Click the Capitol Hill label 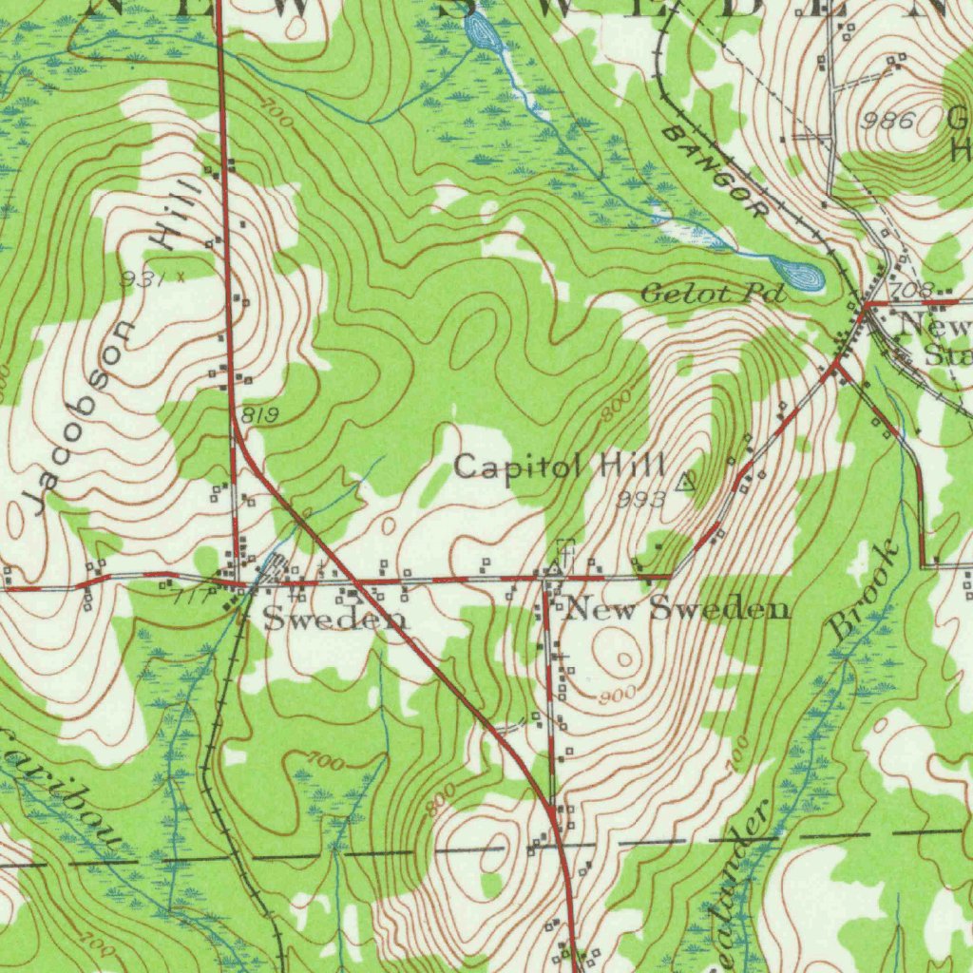pos(559,467)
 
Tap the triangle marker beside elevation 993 pos(684,482)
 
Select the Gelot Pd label pos(713,294)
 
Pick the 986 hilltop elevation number pos(888,121)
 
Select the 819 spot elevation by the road pos(258,414)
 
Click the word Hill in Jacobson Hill pos(178,214)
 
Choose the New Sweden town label pos(677,609)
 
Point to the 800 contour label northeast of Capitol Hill pos(616,409)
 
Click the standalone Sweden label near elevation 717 pos(334,620)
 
